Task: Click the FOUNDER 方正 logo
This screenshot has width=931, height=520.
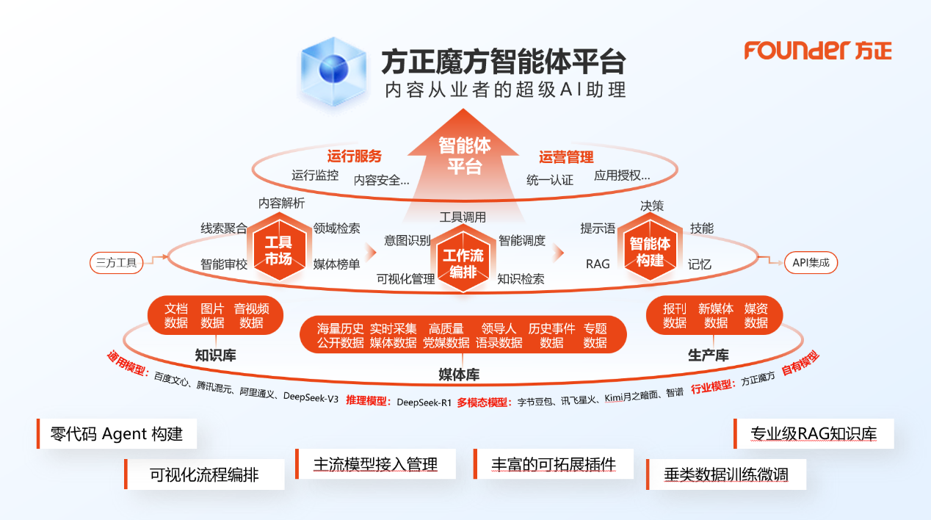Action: pyautogui.click(x=818, y=50)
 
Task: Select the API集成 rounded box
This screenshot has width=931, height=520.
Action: pyautogui.click(x=811, y=263)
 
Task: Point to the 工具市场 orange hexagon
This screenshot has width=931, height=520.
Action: pyautogui.click(x=278, y=250)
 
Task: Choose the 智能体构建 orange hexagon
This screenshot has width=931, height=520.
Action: pyautogui.click(x=650, y=250)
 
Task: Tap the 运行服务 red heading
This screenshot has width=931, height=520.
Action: pyautogui.click(x=355, y=156)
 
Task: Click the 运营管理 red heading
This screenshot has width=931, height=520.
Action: pyautogui.click(x=566, y=156)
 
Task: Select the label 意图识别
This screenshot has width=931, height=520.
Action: pyautogui.click(x=407, y=240)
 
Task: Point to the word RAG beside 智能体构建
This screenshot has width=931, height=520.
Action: pyautogui.click(x=598, y=264)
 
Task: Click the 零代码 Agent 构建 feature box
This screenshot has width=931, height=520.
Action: pyautogui.click(x=117, y=433)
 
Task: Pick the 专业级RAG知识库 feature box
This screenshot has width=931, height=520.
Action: pyautogui.click(x=814, y=433)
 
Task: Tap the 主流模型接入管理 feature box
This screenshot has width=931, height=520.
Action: pyautogui.click(x=375, y=464)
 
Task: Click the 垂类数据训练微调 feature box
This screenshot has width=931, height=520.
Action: pyautogui.click(x=725, y=474)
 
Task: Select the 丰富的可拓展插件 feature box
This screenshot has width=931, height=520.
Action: pyautogui.click(x=554, y=464)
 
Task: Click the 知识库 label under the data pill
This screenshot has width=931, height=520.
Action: pyautogui.click(x=215, y=355)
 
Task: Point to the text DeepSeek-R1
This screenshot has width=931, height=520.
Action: pyautogui.click(x=424, y=402)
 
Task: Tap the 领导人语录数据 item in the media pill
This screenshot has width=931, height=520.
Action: pyautogui.click(x=499, y=336)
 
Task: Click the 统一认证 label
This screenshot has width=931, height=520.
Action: pyautogui.click(x=550, y=180)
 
